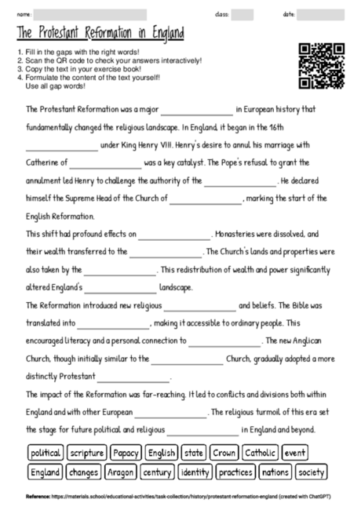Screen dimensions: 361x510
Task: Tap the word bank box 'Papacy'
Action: pyautogui.click(x=126, y=453)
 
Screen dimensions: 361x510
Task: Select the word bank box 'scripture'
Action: pyautogui.click(x=86, y=453)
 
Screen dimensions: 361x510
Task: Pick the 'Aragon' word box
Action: pyautogui.click(x=120, y=472)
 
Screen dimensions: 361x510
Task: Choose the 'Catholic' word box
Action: pyautogui.click(x=260, y=453)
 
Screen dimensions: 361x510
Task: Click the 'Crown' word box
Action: pyautogui.click(x=224, y=453)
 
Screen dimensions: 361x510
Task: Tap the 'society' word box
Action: pyautogui.click(x=312, y=472)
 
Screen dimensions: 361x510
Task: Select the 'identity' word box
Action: pyautogui.click(x=195, y=472)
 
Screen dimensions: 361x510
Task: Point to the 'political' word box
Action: pyautogui.click(x=46, y=453)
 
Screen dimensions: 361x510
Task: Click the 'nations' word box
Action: pyautogui.click(x=275, y=472)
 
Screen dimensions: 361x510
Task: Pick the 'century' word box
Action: pyautogui.click(x=158, y=472)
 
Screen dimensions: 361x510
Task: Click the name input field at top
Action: pyautogui.click(x=90, y=15)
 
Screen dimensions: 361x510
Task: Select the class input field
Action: pyautogui.click(x=242, y=15)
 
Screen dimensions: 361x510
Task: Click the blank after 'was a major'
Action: pyautogui.click(x=197, y=110)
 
